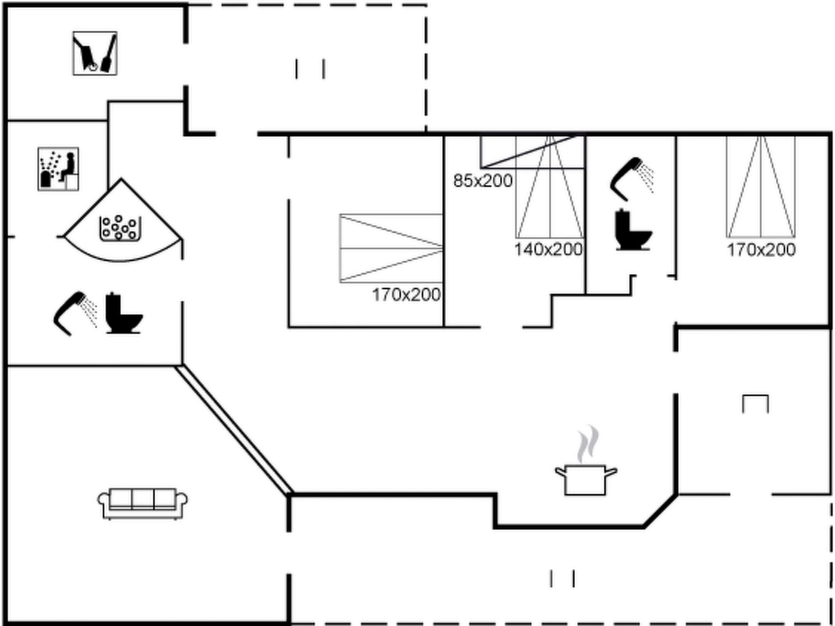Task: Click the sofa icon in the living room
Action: tap(142, 503)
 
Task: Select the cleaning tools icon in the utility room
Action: tap(95, 53)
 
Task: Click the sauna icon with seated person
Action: tap(58, 169)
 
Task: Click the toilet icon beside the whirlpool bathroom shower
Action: tap(123, 314)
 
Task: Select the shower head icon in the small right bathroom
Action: tap(631, 179)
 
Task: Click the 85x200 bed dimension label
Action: tap(483, 181)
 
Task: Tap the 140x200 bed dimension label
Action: tap(548, 249)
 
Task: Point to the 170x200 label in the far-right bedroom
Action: tap(761, 250)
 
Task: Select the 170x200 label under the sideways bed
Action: tap(406, 295)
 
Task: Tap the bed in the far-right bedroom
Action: tap(761, 187)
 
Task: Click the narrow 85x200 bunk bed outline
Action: tap(532, 152)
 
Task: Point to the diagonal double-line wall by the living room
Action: tap(234, 430)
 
